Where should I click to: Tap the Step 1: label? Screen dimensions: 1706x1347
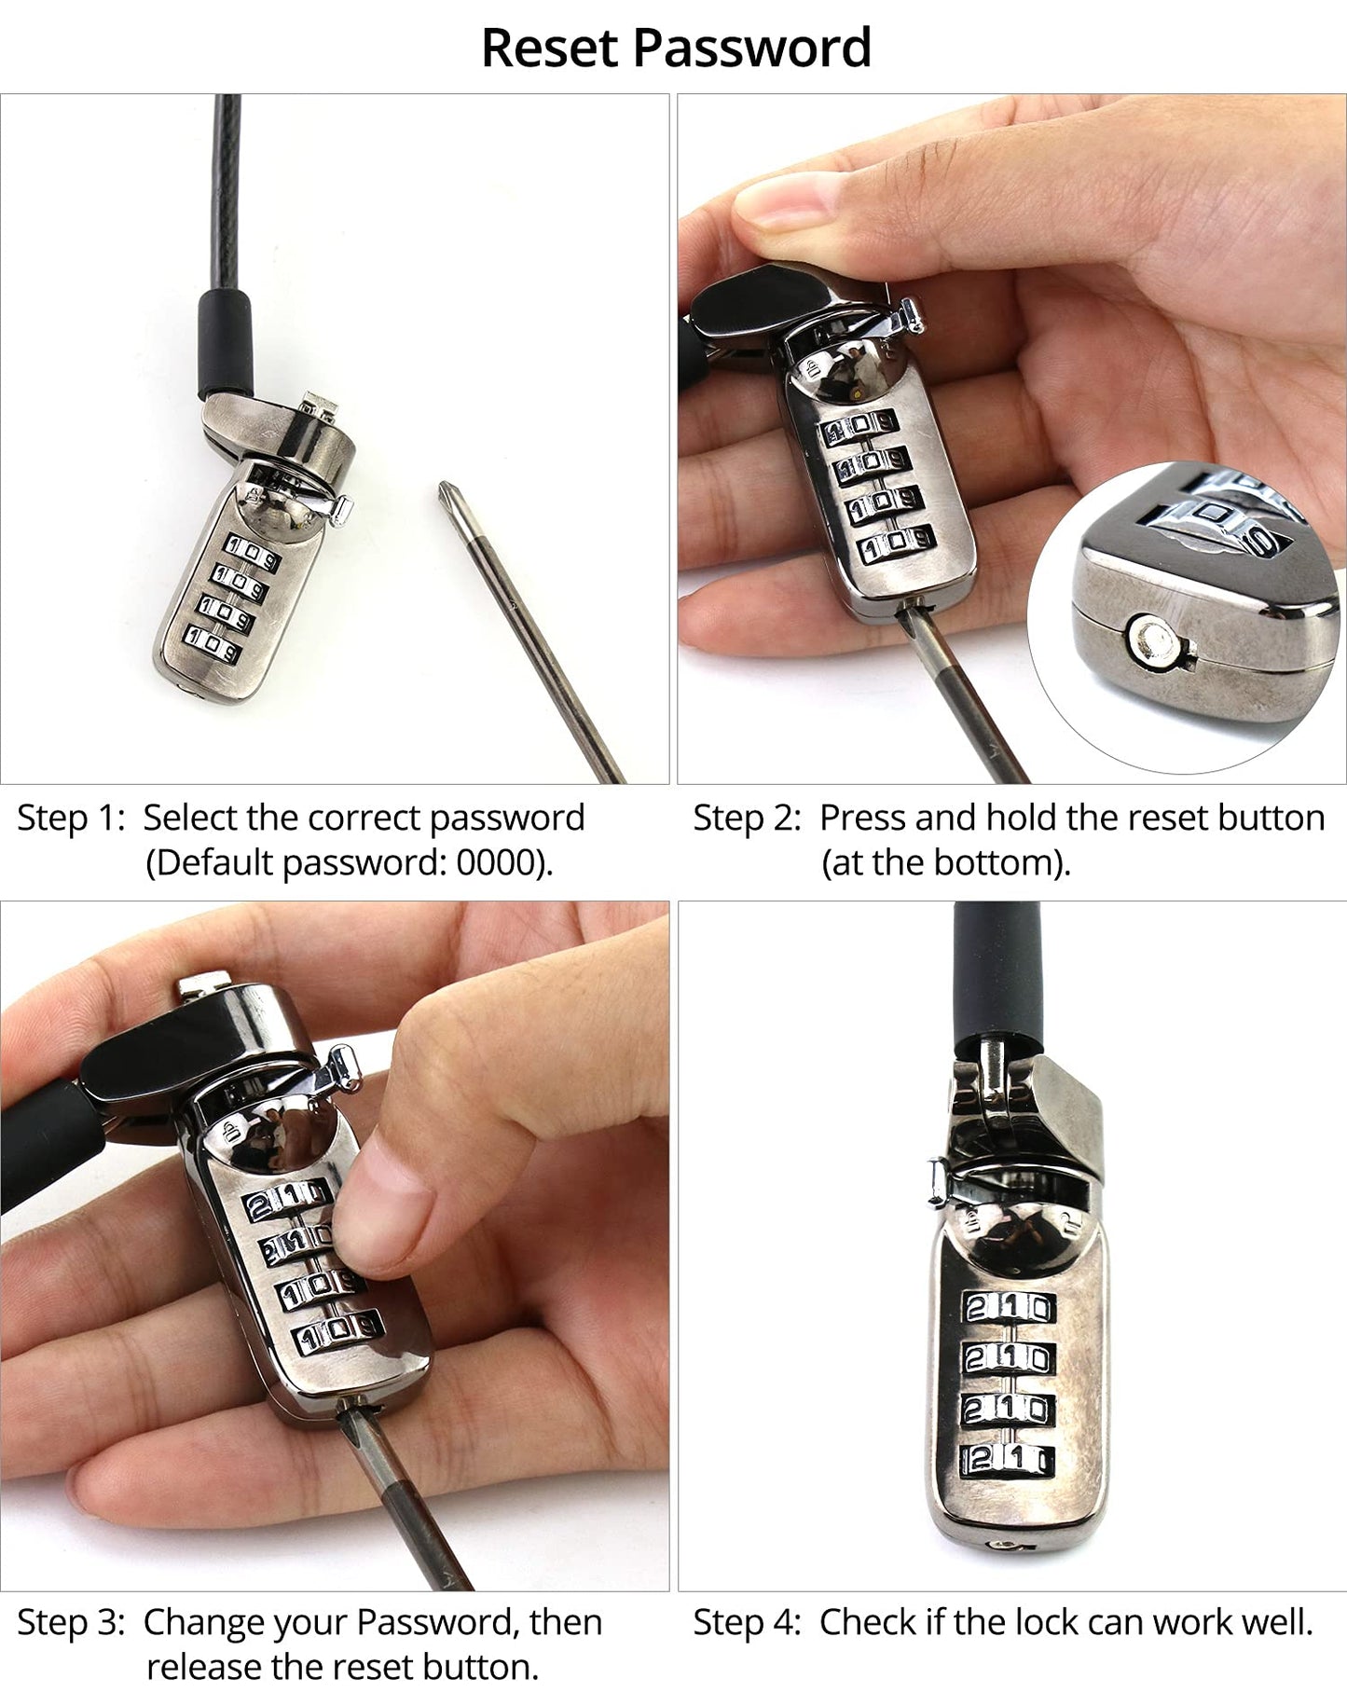(71, 818)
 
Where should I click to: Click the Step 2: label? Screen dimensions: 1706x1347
(747, 818)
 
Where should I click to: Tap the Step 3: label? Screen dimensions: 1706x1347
(71, 1622)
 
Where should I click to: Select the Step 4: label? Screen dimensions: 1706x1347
(747, 1622)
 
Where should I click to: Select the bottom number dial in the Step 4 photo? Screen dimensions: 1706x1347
(1007, 1459)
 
